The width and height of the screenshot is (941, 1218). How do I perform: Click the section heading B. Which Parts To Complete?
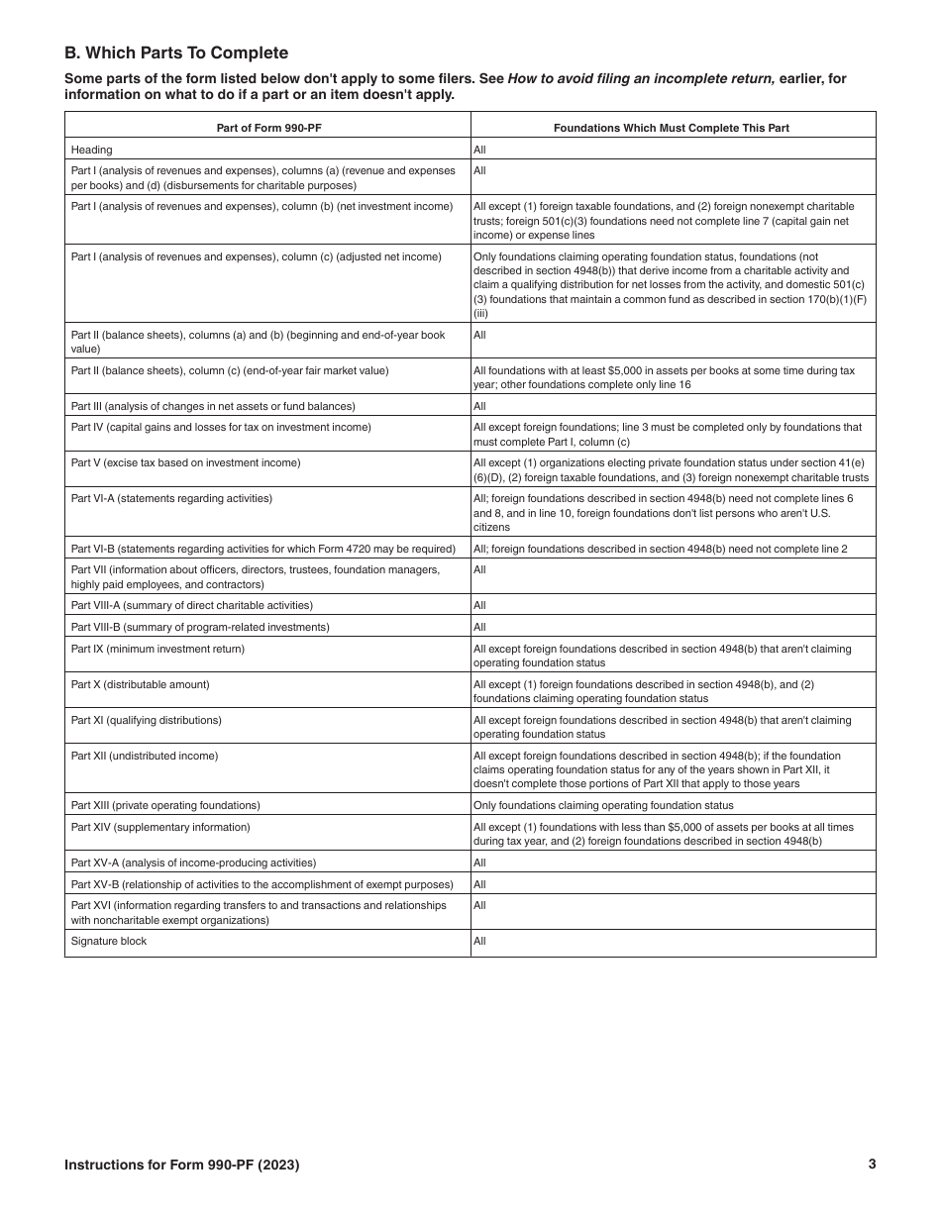[x=176, y=53]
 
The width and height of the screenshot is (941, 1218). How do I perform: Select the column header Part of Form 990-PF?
[x=267, y=128]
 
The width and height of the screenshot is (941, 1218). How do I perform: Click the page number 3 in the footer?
[x=872, y=1165]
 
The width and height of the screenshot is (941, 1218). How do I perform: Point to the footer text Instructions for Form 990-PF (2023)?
[x=181, y=1166]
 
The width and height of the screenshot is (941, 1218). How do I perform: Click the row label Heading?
[x=91, y=150]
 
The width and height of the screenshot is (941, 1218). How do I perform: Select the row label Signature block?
[x=108, y=941]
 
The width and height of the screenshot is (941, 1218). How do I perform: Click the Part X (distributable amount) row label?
[x=140, y=684]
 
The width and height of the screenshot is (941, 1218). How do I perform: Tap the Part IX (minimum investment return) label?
[x=157, y=649]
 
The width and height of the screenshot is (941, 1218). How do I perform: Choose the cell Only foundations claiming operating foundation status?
[x=603, y=805]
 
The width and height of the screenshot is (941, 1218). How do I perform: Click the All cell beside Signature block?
[x=479, y=941]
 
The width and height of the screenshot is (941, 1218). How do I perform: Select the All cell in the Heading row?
[x=479, y=150]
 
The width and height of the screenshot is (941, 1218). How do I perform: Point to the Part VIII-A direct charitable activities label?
[x=191, y=605]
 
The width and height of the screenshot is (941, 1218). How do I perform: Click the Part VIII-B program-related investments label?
[x=200, y=627]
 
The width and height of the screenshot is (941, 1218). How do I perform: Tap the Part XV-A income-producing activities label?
[x=193, y=863]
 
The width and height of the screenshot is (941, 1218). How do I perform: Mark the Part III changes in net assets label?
[x=212, y=406]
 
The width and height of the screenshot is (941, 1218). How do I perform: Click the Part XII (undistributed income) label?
[x=145, y=756]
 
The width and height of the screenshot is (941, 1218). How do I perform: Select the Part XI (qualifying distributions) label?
[x=146, y=720]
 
